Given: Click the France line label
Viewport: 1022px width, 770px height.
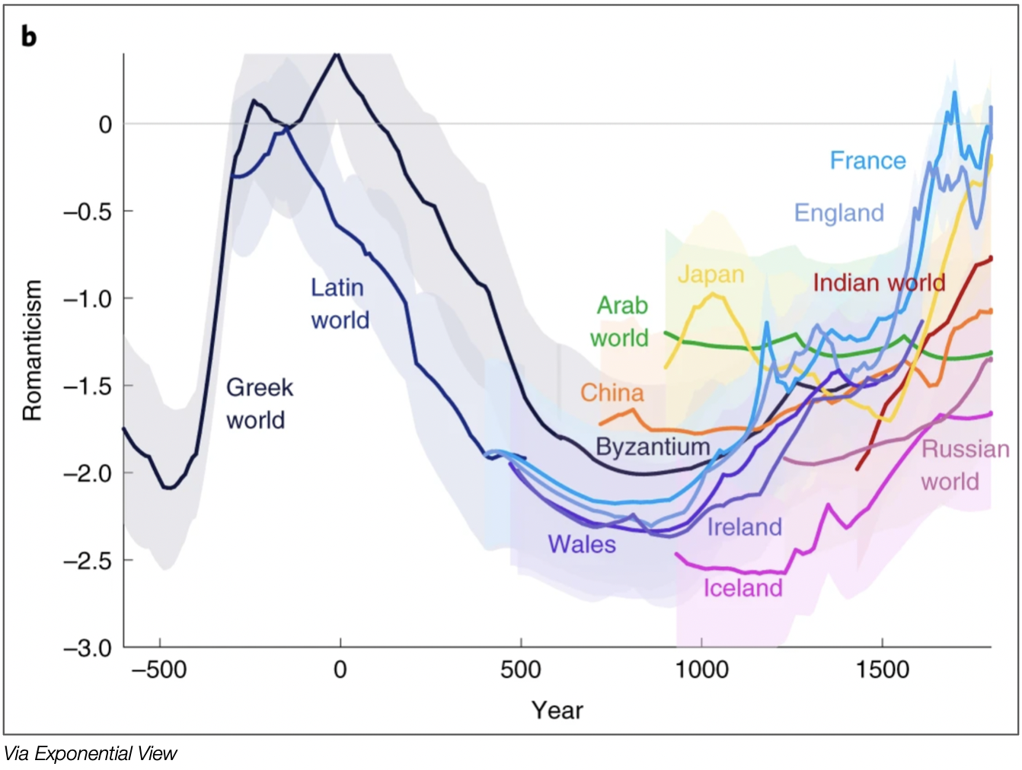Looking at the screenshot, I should tap(867, 161).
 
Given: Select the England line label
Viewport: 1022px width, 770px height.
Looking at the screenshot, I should tap(838, 213).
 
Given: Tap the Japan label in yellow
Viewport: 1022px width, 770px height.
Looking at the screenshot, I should tap(711, 274).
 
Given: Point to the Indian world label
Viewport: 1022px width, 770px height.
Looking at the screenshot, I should tap(879, 283).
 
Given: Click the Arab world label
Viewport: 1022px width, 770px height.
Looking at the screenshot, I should tap(620, 321).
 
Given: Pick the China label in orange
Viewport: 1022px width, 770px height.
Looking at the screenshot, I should tap(612, 393).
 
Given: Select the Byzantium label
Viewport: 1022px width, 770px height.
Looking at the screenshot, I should tap(653, 447).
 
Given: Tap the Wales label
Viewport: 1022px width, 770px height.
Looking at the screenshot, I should tap(582, 544).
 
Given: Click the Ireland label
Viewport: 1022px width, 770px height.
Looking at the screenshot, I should tap(744, 527).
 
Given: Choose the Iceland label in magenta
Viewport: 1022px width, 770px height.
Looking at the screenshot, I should tap(743, 588).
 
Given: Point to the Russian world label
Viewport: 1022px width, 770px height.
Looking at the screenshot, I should tap(965, 465).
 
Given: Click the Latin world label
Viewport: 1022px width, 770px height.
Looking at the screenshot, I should tap(340, 304).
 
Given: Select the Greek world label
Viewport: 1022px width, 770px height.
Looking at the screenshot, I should tap(259, 403).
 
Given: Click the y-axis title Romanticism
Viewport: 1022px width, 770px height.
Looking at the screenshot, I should tap(32, 350).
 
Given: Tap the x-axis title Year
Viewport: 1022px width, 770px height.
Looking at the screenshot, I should tap(557, 710).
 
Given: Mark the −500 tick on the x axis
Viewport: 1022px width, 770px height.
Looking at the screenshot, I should tap(159, 670).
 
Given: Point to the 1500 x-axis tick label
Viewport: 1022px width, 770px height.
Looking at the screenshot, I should tap(882, 670).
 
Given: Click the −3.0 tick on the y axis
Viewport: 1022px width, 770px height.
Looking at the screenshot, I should tap(88, 648).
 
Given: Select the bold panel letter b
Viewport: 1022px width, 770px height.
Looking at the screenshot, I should tap(29, 36).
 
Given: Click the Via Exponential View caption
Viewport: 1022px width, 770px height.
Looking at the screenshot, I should tap(90, 753).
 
